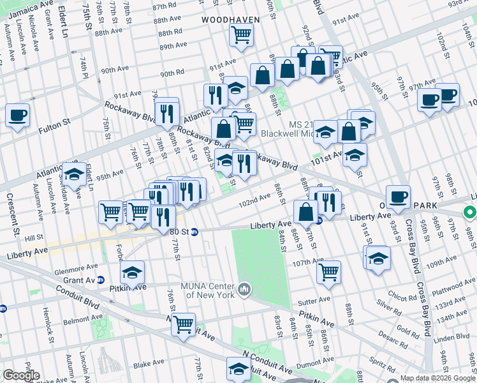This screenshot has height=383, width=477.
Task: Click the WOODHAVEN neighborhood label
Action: tap(231, 20)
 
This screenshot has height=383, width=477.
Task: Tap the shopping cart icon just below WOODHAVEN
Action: tap(241, 35)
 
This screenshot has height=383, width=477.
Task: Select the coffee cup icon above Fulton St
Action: tap(17, 116)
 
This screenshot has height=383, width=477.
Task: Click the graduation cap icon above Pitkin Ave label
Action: tap(133, 273)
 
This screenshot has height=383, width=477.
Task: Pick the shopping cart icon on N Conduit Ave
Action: tap(184, 324)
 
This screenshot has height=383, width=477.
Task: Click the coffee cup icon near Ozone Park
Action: tap(398, 197)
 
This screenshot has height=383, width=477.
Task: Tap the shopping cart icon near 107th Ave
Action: tap(328, 272)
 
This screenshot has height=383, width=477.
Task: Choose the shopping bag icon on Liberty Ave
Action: tap(305, 211)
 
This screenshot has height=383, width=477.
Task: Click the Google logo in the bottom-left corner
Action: tap(21, 375)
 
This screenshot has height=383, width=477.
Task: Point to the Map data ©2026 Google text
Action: tap(437, 378)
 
